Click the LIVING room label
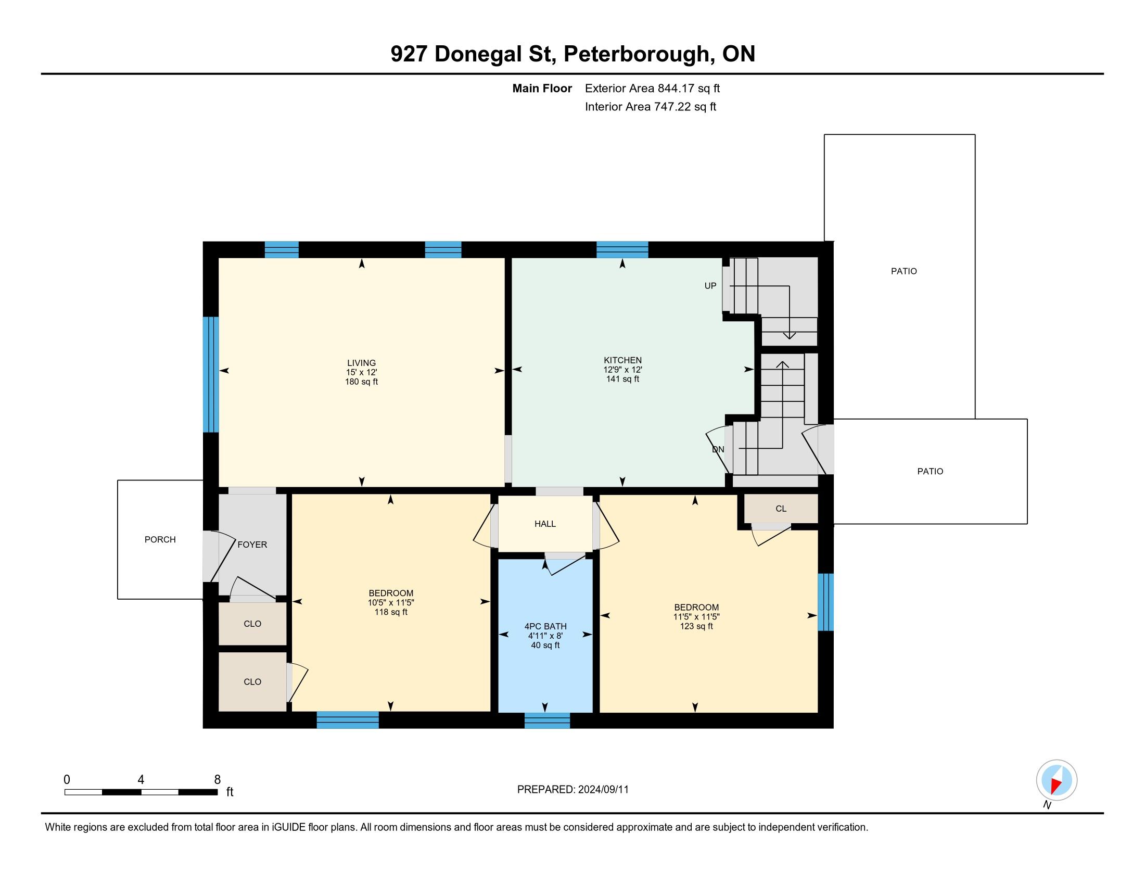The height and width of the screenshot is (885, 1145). click(x=361, y=363)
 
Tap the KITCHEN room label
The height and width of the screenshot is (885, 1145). click(x=622, y=360)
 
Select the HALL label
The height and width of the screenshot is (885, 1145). click(x=545, y=524)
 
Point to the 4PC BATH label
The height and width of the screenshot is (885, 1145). click(x=545, y=626)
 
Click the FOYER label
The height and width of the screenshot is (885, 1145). click(x=252, y=545)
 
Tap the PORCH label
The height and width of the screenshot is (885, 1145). click(x=160, y=539)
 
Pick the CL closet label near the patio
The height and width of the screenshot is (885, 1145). click(x=781, y=509)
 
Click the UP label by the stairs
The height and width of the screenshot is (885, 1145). click(x=710, y=286)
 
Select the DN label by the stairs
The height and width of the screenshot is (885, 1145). click(x=718, y=449)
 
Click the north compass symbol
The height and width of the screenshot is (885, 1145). click(x=1057, y=780)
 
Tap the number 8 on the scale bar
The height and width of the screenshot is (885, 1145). click(x=218, y=780)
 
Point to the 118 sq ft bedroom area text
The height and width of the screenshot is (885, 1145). click(x=390, y=612)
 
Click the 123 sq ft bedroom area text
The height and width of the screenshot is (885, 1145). click(x=696, y=626)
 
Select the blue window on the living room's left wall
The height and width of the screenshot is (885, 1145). click(x=211, y=374)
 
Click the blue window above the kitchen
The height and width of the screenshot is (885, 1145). click(x=622, y=249)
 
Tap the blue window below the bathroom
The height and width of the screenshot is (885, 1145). click(x=548, y=720)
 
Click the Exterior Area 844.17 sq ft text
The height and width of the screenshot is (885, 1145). click(x=652, y=88)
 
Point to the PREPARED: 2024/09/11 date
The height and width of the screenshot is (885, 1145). click(x=572, y=790)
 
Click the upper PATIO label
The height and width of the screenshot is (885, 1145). click(x=904, y=271)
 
